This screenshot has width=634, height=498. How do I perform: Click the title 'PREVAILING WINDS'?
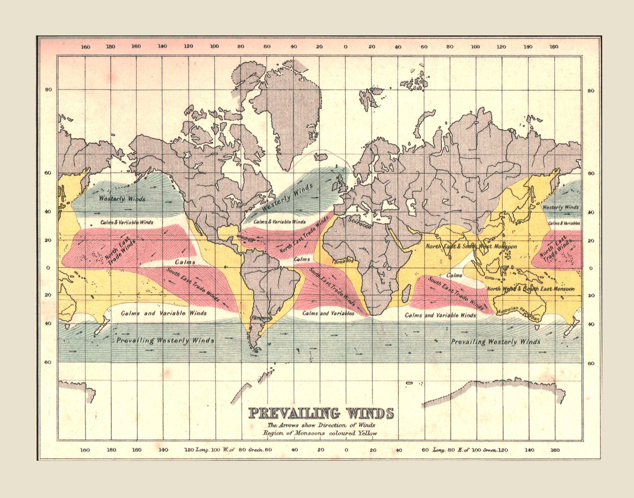[x=321, y=413]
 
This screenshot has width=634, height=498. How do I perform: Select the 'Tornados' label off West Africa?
[x=342, y=261]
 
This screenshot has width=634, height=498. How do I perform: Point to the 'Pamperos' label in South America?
[x=261, y=318]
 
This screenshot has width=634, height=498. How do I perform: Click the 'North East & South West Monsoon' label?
[x=471, y=246]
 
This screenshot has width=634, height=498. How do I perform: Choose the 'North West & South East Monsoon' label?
[x=530, y=289]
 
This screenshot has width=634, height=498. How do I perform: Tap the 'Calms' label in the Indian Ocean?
[x=454, y=275]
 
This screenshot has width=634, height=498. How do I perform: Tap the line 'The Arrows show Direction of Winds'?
[x=321, y=426]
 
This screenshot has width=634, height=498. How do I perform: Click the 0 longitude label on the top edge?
[x=345, y=47]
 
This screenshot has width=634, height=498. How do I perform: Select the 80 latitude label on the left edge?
[x=49, y=91]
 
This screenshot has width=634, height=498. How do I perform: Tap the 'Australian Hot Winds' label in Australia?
[x=518, y=313]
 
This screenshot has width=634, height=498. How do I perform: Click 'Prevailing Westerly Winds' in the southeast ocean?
[x=495, y=342]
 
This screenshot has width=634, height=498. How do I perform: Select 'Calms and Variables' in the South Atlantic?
[x=328, y=313]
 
